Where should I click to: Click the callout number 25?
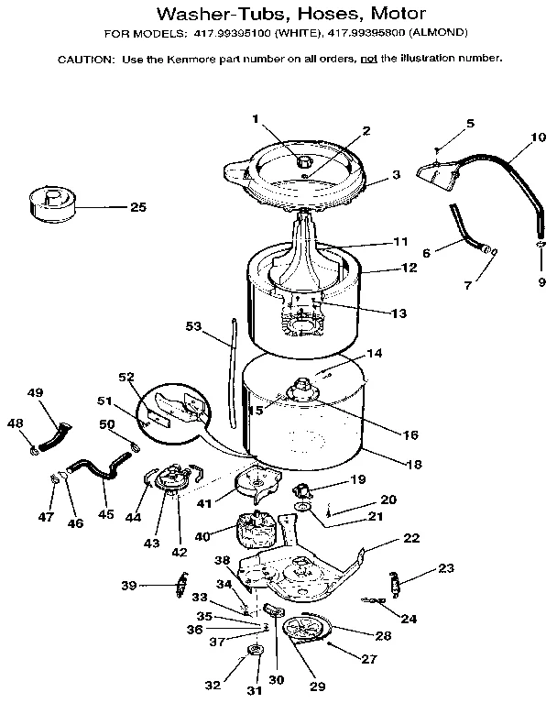click(x=137, y=207)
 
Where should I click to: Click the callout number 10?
click(x=512, y=137)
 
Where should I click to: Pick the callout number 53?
click(x=192, y=325)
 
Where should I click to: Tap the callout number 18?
click(x=413, y=465)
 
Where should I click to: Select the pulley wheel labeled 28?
click(x=303, y=630)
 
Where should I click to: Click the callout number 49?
click(x=35, y=393)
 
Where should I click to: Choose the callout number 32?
click(x=213, y=685)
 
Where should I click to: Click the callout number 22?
click(x=411, y=538)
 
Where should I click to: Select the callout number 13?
click(x=399, y=313)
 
